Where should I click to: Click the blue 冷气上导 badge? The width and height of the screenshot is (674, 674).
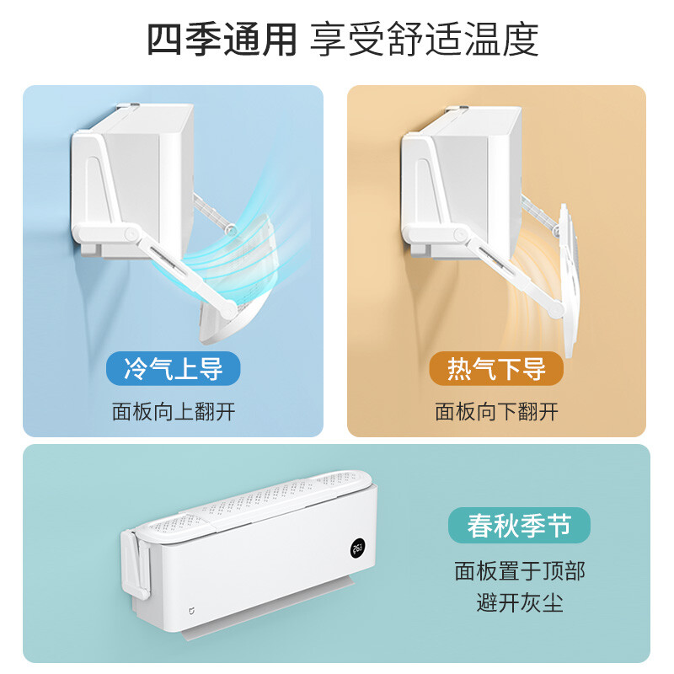click(174, 368)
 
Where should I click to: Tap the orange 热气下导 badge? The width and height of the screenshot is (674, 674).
click(496, 368)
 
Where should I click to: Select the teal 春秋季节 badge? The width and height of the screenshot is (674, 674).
click(519, 525)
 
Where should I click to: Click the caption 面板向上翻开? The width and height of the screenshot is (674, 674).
click(174, 412)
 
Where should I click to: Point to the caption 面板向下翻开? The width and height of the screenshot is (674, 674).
click(496, 412)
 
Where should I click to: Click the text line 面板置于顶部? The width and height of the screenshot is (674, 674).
click(520, 571)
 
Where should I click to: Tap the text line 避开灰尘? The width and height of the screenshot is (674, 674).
click(520, 602)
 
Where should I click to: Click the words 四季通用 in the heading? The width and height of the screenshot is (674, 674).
click(222, 40)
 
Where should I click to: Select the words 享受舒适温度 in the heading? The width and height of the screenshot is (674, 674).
click(425, 40)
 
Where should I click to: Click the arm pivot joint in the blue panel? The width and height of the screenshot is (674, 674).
click(131, 233)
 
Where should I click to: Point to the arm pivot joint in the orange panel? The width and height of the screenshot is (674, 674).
click(461, 234)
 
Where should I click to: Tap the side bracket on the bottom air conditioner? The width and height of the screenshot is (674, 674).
click(136, 564)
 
